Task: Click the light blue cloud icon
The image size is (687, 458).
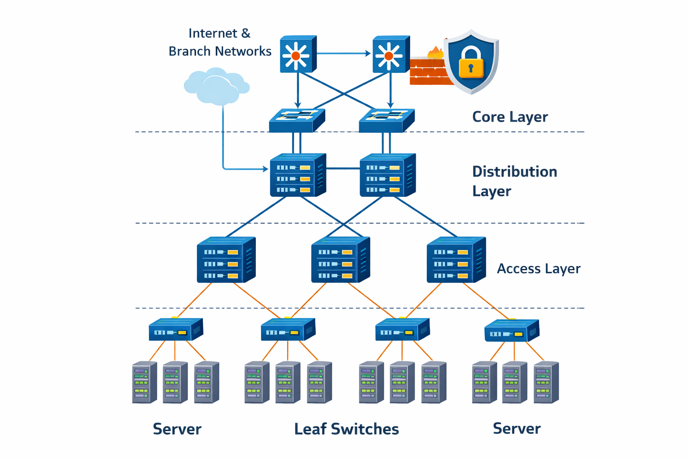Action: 216,86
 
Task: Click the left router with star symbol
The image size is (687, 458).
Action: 297,55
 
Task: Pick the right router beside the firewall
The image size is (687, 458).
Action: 390,55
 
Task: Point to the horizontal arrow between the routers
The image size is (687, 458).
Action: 343,54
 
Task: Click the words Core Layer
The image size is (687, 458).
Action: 510,117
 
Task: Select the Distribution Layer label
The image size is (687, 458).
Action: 514,181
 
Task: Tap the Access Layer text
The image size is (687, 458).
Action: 539,268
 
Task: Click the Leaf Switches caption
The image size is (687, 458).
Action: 346,429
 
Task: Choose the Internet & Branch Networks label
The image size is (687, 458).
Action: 220,42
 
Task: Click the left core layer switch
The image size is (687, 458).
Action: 297,120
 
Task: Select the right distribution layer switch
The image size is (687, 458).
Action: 387,175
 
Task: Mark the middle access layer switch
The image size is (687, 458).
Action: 340,260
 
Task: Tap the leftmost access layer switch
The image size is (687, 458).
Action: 226,260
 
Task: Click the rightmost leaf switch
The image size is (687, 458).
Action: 512,331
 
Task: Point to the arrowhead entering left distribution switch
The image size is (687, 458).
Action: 265,169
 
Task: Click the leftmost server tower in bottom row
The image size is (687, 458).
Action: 144,382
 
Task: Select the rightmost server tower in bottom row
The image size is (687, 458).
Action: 546,382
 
